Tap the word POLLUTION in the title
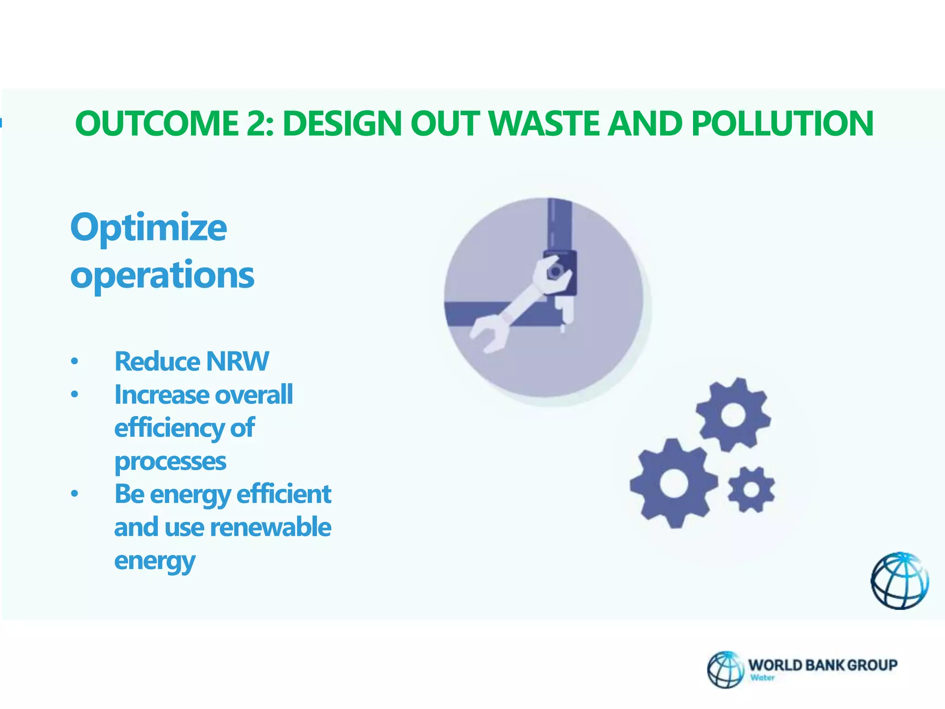click(x=782, y=124)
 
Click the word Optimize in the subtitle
click(x=149, y=228)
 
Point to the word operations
click(x=162, y=275)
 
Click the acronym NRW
click(x=237, y=361)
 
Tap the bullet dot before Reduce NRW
click(x=75, y=361)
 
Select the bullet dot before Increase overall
click(x=75, y=395)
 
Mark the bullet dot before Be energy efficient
click(x=75, y=494)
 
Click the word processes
click(x=170, y=462)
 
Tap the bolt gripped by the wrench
click(x=555, y=271)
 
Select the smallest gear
click(x=751, y=490)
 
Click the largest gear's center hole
click(x=674, y=484)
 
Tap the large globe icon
click(x=899, y=581)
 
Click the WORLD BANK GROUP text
click(x=823, y=665)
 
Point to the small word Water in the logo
click(x=762, y=678)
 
